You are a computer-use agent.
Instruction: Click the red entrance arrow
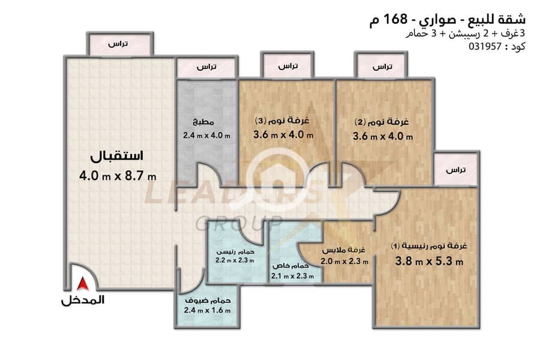(x=83, y=284)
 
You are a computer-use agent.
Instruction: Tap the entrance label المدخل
(x=83, y=300)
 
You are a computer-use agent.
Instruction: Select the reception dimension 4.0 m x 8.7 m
(x=118, y=176)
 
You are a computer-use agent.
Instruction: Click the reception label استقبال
(x=117, y=156)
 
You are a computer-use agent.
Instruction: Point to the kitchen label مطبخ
(x=203, y=122)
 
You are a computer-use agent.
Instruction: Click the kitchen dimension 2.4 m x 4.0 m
(x=206, y=136)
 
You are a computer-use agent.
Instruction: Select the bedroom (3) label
(x=282, y=121)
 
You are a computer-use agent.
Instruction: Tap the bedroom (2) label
(x=382, y=122)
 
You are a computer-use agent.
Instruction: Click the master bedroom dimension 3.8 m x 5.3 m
(x=429, y=261)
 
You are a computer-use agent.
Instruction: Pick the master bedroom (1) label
(x=429, y=246)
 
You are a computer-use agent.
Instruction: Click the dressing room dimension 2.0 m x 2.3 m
(x=344, y=262)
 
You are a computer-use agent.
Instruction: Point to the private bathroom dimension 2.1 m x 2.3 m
(x=293, y=276)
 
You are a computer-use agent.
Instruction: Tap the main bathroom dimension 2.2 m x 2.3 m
(x=235, y=260)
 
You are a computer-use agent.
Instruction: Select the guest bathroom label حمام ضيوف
(x=208, y=301)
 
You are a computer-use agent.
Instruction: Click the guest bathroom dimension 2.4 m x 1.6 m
(x=208, y=310)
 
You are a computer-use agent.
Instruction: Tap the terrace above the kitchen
(x=207, y=67)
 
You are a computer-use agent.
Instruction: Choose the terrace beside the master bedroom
(x=456, y=169)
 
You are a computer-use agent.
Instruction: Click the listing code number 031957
(x=485, y=46)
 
